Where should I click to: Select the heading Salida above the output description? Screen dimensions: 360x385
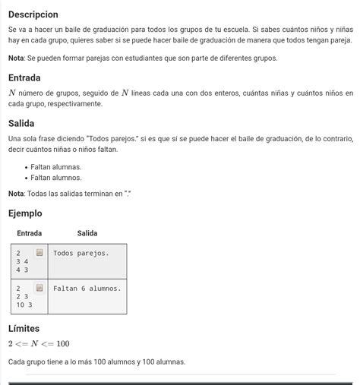coord(21,123)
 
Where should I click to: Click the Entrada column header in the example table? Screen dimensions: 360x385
coord(30,233)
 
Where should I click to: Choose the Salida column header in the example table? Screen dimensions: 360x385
coord(87,233)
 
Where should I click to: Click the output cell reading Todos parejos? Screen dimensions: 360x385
coord(81,253)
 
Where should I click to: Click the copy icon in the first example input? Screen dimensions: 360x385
coord(39,252)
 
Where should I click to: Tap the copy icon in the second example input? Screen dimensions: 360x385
coord(39,288)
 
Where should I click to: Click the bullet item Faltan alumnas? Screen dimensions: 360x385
coord(55,166)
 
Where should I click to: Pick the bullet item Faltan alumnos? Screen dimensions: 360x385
coord(56,177)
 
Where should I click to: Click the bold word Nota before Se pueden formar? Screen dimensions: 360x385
coord(17,58)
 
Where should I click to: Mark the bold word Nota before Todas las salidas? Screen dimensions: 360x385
coord(17,194)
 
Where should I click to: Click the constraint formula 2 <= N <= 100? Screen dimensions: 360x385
coord(39,344)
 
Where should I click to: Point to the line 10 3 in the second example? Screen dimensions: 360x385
coord(24,305)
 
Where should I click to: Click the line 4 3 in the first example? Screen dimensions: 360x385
coord(22,270)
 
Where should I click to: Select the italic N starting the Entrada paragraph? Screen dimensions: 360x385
coord(12,93)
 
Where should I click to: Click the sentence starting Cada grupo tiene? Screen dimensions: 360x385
coord(96,361)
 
